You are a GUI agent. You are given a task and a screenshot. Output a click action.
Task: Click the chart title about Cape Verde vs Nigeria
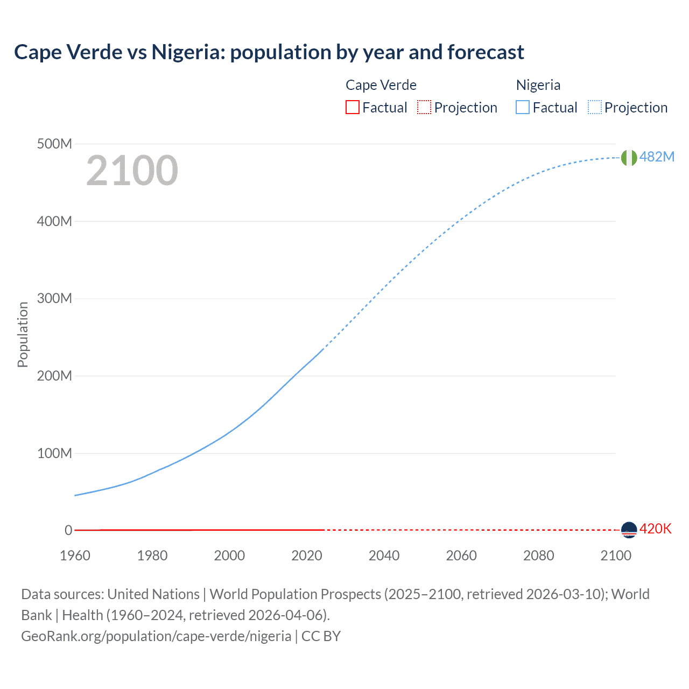pyautogui.click(x=269, y=52)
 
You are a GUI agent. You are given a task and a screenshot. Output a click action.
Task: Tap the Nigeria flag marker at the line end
pyautogui.click(x=629, y=158)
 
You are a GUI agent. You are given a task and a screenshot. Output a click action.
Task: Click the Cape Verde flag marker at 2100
pyautogui.click(x=629, y=530)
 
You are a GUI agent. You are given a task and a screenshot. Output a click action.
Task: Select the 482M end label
pyautogui.click(x=657, y=157)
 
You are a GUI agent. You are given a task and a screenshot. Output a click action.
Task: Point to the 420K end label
pyautogui.click(x=655, y=529)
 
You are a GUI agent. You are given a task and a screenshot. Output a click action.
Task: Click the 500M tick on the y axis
pyautogui.click(x=54, y=144)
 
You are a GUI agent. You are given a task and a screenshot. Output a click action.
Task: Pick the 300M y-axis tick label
pyautogui.click(x=54, y=299)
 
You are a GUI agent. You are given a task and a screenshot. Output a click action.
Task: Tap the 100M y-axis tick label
pyautogui.click(x=54, y=453)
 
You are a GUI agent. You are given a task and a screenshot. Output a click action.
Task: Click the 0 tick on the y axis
pyautogui.click(x=68, y=530)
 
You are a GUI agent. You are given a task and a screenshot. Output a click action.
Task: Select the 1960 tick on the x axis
pyautogui.click(x=75, y=556)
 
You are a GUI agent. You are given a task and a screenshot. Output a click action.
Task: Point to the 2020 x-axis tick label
pyautogui.click(x=306, y=556)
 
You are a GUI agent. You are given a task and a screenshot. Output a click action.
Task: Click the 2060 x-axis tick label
pyautogui.click(x=461, y=556)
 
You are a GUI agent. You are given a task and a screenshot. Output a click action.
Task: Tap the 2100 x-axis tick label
pyautogui.click(x=615, y=556)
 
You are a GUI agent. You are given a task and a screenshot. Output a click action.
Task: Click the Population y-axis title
pyautogui.click(x=23, y=334)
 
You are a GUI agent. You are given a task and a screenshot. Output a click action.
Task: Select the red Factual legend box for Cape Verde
pyautogui.click(x=352, y=108)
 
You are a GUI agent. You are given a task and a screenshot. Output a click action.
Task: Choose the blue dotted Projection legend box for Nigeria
pyautogui.click(x=594, y=108)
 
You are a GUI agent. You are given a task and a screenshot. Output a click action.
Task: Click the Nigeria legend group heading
pyautogui.click(x=538, y=85)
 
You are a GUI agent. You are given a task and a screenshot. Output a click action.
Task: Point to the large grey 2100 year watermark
pyautogui.click(x=132, y=171)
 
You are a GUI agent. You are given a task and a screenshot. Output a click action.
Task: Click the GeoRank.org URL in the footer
pyautogui.click(x=156, y=636)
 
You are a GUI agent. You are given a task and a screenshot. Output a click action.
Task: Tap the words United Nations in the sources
pyautogui.click(x=153, y=594)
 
